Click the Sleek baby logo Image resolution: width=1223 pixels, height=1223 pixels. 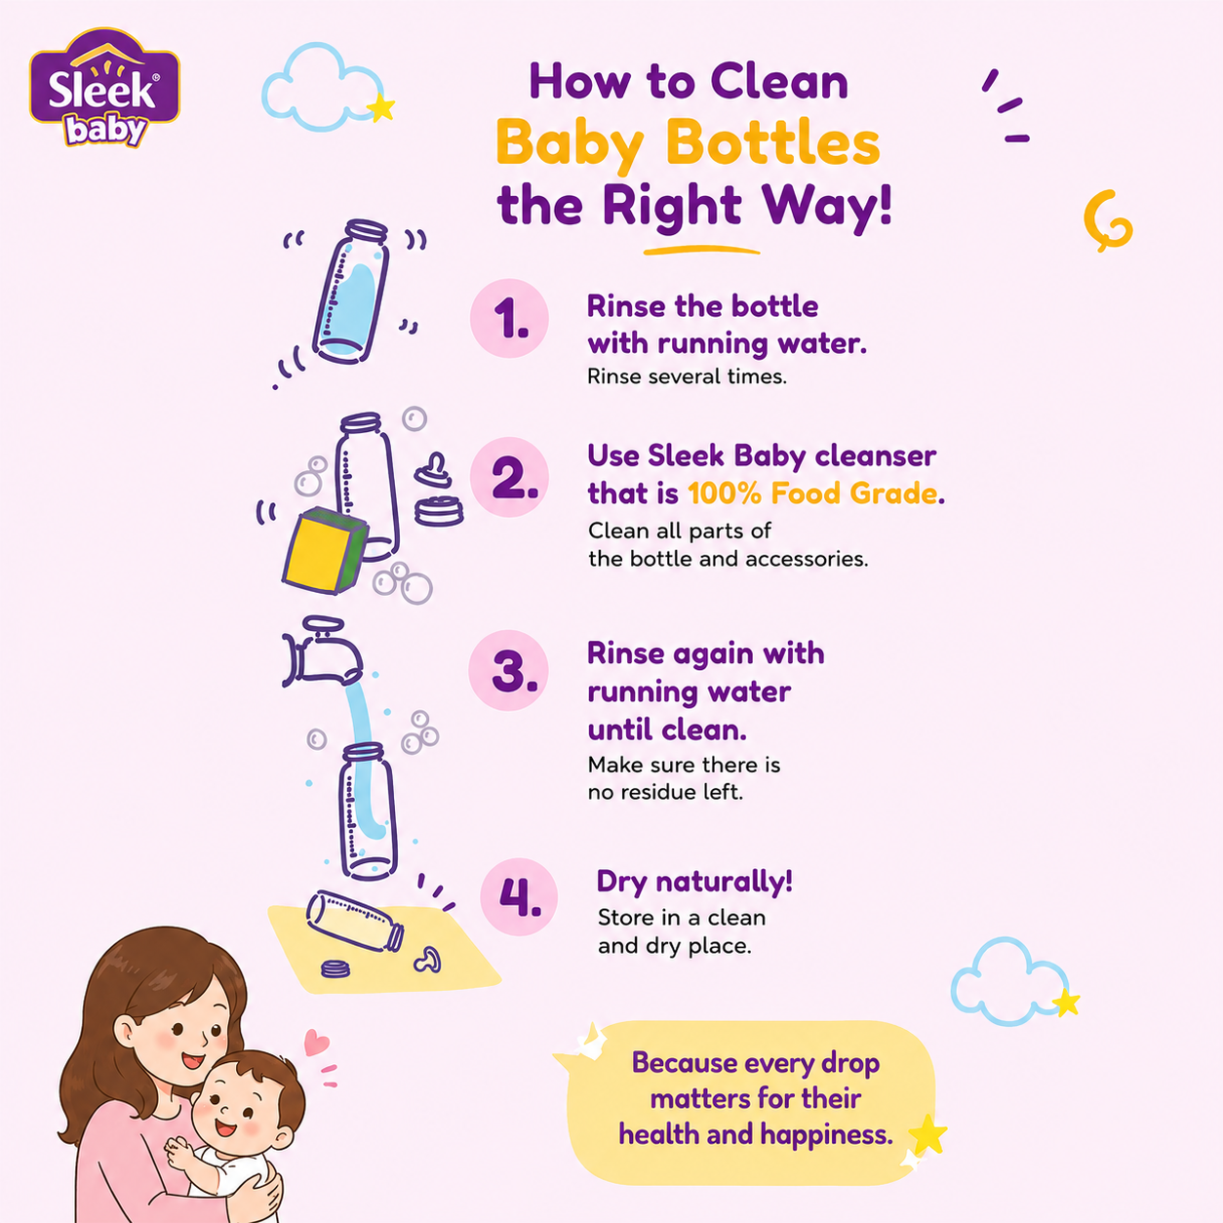point(104,88)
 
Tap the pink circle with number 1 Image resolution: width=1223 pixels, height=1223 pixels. point(509,318)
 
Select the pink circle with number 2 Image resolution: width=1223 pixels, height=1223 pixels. point(509,477)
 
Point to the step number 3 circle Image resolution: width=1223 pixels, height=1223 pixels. point(508,670)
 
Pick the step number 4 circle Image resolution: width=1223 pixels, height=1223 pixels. point(519,897)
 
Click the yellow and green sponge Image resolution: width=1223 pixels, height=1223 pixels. point(325,550)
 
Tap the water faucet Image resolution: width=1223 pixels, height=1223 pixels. point(322,651)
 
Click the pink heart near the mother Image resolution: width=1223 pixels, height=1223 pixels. point(316,1043)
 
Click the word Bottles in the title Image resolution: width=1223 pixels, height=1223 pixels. point(772,143)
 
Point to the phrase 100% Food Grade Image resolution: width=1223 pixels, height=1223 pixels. point(812,493)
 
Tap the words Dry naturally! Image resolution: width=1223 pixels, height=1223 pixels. point(694,882)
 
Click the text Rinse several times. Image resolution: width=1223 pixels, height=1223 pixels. point(687,376)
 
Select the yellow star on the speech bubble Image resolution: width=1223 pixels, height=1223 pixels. point(927,1135)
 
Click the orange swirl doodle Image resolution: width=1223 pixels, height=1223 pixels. point(1108,220)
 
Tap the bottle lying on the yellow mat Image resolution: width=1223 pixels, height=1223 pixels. point(354,921)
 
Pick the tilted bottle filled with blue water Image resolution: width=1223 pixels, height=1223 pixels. point(350,292)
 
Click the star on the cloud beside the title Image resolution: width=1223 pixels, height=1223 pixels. point(380,108)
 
